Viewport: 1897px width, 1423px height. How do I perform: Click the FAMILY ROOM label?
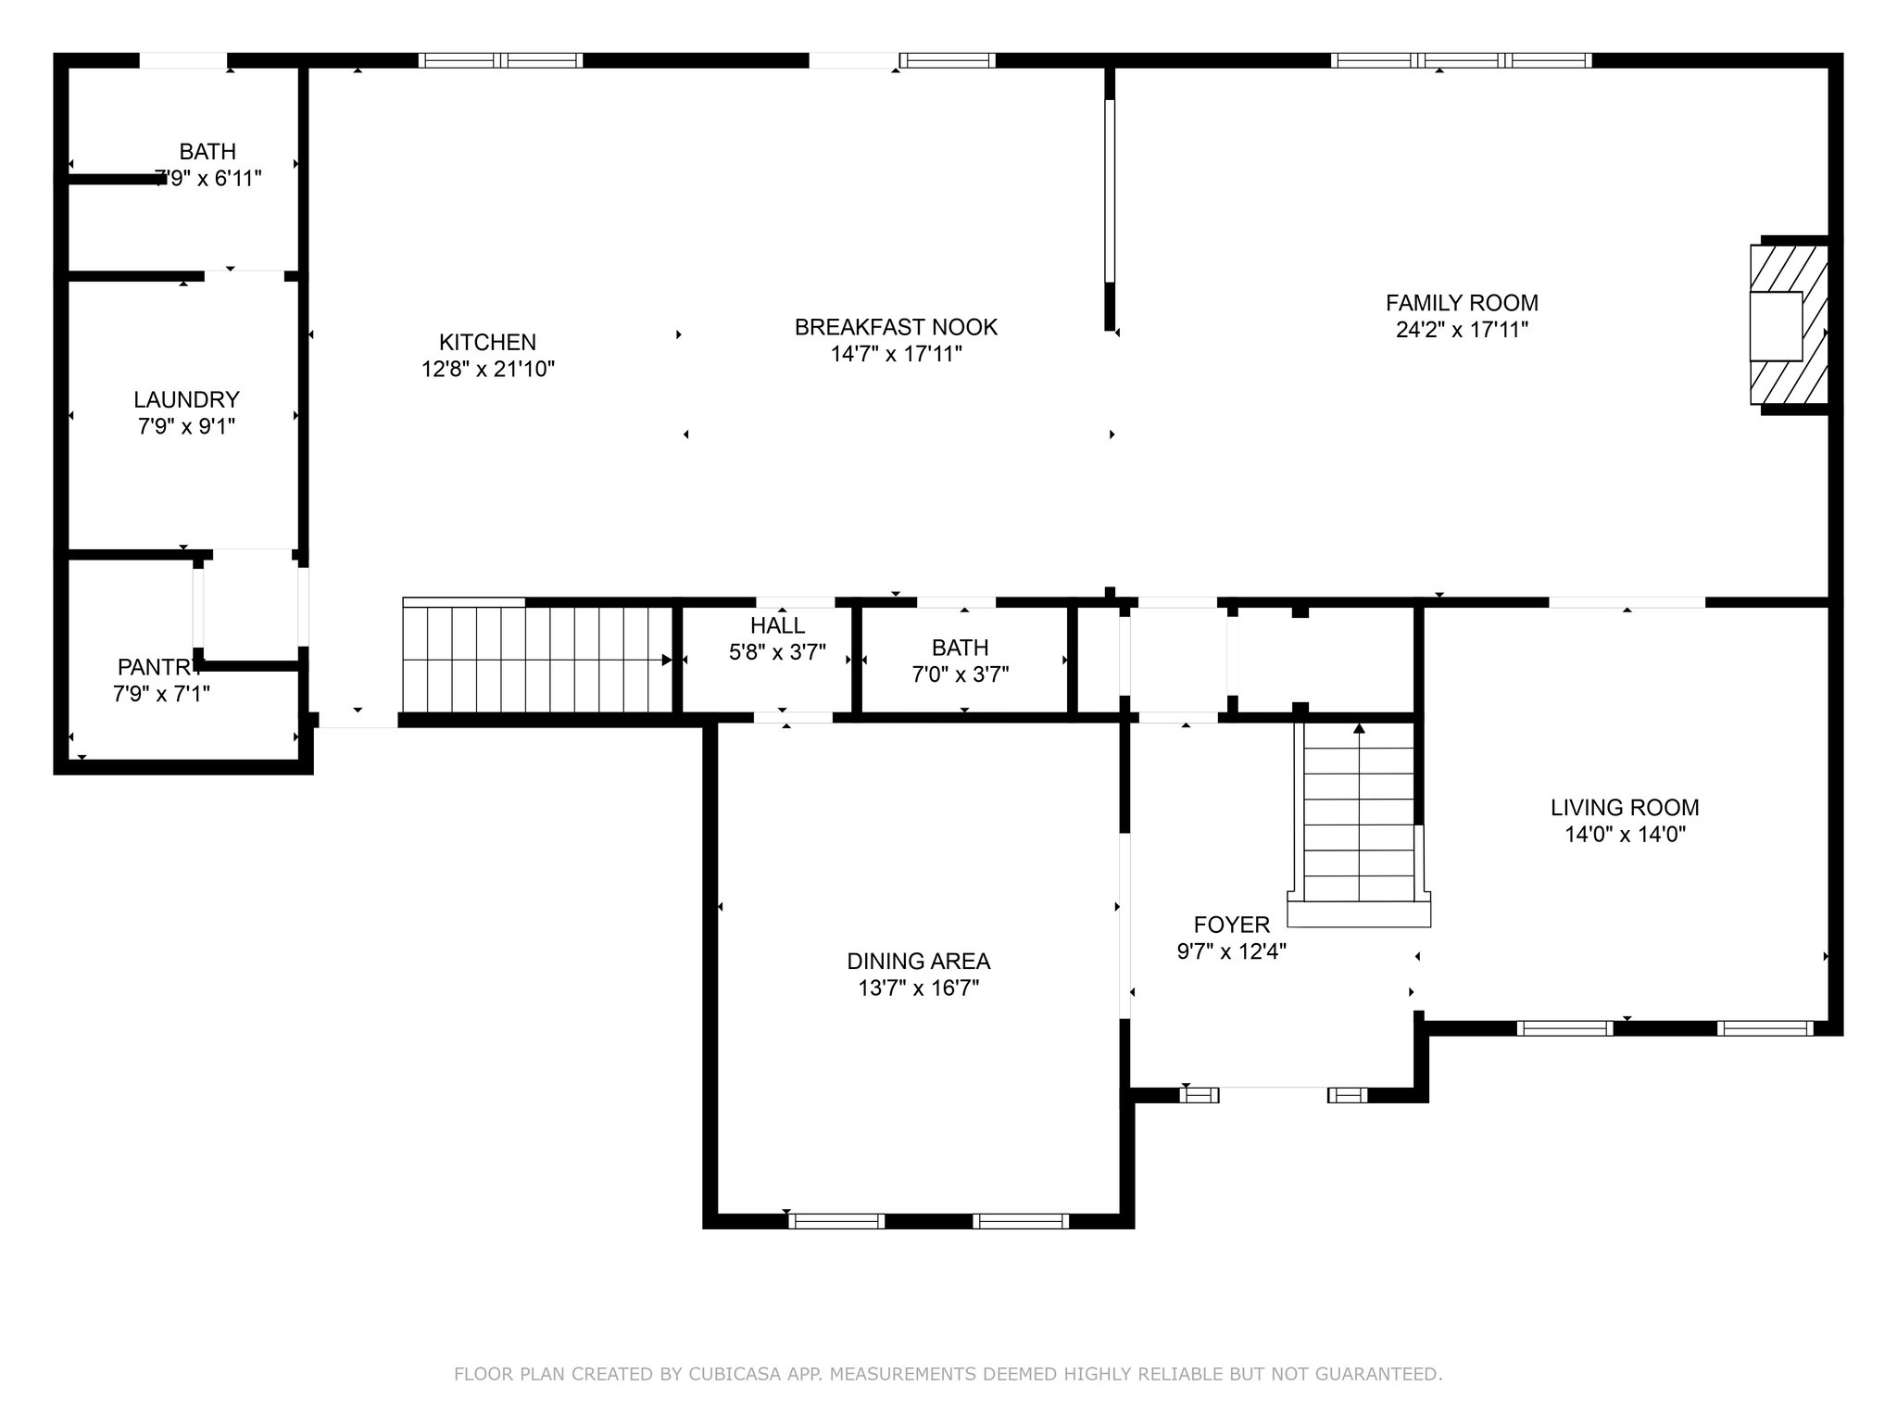[x=1462, y=303]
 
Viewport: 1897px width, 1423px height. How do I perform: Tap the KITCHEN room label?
[x=487, y=342]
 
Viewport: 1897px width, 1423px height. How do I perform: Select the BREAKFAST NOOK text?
[x=896, y=327]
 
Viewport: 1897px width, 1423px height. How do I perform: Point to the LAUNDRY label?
[x=186, y=399]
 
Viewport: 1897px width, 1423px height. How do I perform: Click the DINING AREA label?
[x=918, y=962]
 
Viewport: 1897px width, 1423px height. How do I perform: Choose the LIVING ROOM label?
[x=1625, y=808]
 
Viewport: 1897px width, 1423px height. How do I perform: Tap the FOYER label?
[x=1231, y=925]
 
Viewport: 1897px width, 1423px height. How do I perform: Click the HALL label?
[x=777, y=625]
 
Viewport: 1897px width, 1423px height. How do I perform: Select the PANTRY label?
[x=160, y=667]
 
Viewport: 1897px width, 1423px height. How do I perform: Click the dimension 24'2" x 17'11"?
[x=1462, y=330]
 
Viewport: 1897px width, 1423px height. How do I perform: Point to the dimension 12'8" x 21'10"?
[x=487, y=369]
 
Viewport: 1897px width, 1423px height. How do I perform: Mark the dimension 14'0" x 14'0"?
[x=1625, y=835]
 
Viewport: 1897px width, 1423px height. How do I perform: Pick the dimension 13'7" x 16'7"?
[x=918, y=989]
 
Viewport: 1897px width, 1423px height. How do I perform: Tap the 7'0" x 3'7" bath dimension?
[x=960, y=674]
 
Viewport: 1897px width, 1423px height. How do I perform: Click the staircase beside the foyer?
[x=1359, y=823]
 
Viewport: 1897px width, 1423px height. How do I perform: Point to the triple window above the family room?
[x=1462, y=61]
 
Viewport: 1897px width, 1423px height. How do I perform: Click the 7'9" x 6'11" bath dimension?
[x=207, y=178]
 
